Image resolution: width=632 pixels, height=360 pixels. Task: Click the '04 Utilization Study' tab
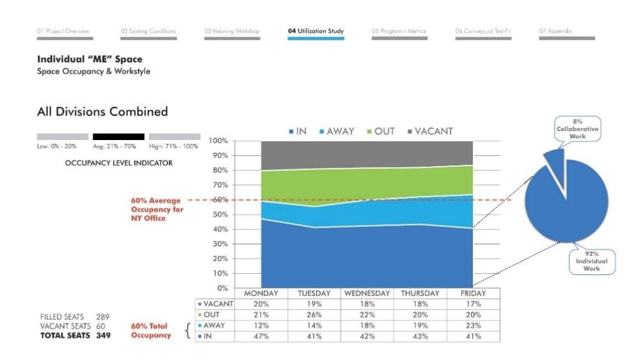tap(316, 31)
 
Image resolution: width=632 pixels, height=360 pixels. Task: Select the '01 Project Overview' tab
tap(63, 31)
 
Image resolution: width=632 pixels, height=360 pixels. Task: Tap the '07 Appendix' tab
tap(555, 31)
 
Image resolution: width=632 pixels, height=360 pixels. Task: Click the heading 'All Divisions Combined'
tap(102, 112)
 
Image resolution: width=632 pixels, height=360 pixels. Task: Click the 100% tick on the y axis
tap(219, 141)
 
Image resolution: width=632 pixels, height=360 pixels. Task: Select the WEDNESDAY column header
tap(367, 293)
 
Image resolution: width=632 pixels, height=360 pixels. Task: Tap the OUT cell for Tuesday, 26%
tap(314, 315)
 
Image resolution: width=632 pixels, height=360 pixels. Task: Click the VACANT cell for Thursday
tap(420, 304)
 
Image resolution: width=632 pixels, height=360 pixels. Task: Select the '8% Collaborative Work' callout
tap(578, 129)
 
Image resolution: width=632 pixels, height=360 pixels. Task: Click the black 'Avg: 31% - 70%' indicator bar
tap(118, 137)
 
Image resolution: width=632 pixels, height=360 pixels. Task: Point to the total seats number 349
tap(103, 335)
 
